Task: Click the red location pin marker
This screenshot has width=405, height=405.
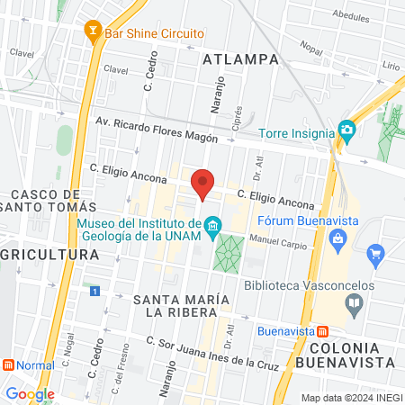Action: (203, 183)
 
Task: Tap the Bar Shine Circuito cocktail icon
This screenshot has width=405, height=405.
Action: (91, 33)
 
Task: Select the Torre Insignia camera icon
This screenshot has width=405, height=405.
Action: (346, 130)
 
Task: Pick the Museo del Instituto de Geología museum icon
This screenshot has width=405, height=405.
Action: (212, 224)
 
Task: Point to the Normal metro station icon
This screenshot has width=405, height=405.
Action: (9, 366)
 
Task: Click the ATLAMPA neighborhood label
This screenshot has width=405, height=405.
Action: (237, 60)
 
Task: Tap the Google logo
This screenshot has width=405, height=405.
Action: (30, 393)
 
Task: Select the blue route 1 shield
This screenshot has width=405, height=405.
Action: (94, 291)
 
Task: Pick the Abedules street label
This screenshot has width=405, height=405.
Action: (350, 16)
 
